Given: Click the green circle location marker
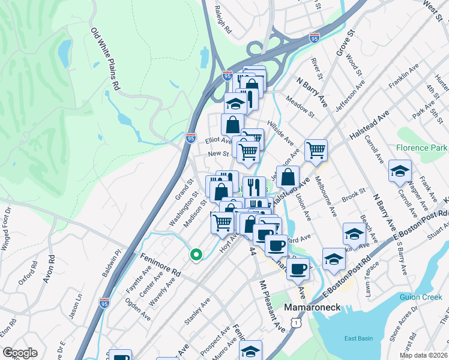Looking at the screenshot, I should [195, 255].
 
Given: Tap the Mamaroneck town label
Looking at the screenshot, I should [312, 307].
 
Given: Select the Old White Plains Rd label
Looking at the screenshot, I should [105, 59].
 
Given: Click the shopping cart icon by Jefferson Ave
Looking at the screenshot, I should [316, 150].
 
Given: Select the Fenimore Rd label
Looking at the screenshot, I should [160, 263].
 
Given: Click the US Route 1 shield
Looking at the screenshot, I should [295, 323].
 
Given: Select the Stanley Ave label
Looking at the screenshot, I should [197, 311].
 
